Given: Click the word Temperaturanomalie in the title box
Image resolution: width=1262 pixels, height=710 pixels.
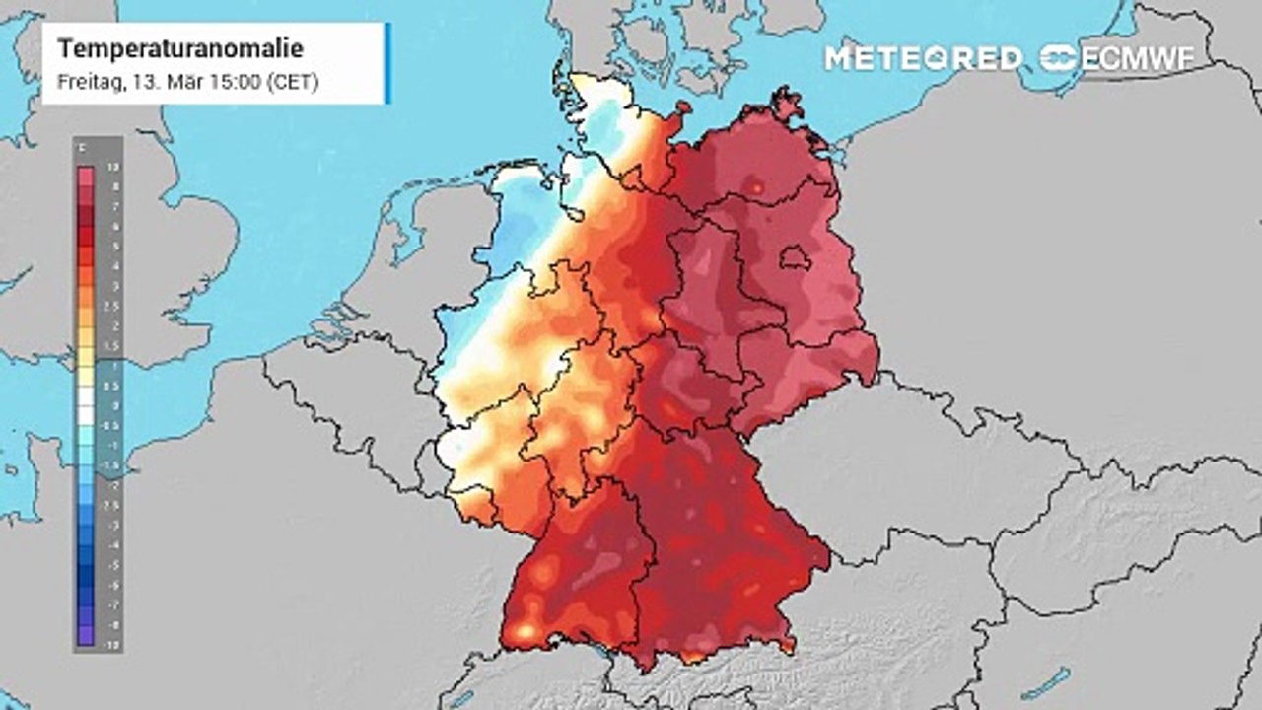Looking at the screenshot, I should coord(179,48).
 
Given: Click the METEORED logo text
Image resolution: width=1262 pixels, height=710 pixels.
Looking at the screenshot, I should coord(923,58).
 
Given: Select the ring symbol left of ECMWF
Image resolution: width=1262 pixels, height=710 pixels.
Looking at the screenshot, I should coord(1059,58).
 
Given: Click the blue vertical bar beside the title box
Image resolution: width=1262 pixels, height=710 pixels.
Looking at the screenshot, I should coord(387,63).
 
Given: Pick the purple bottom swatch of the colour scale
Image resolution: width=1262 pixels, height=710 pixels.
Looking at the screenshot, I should coord(87,638).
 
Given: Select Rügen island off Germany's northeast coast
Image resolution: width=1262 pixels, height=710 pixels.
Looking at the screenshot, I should coord(789,105).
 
